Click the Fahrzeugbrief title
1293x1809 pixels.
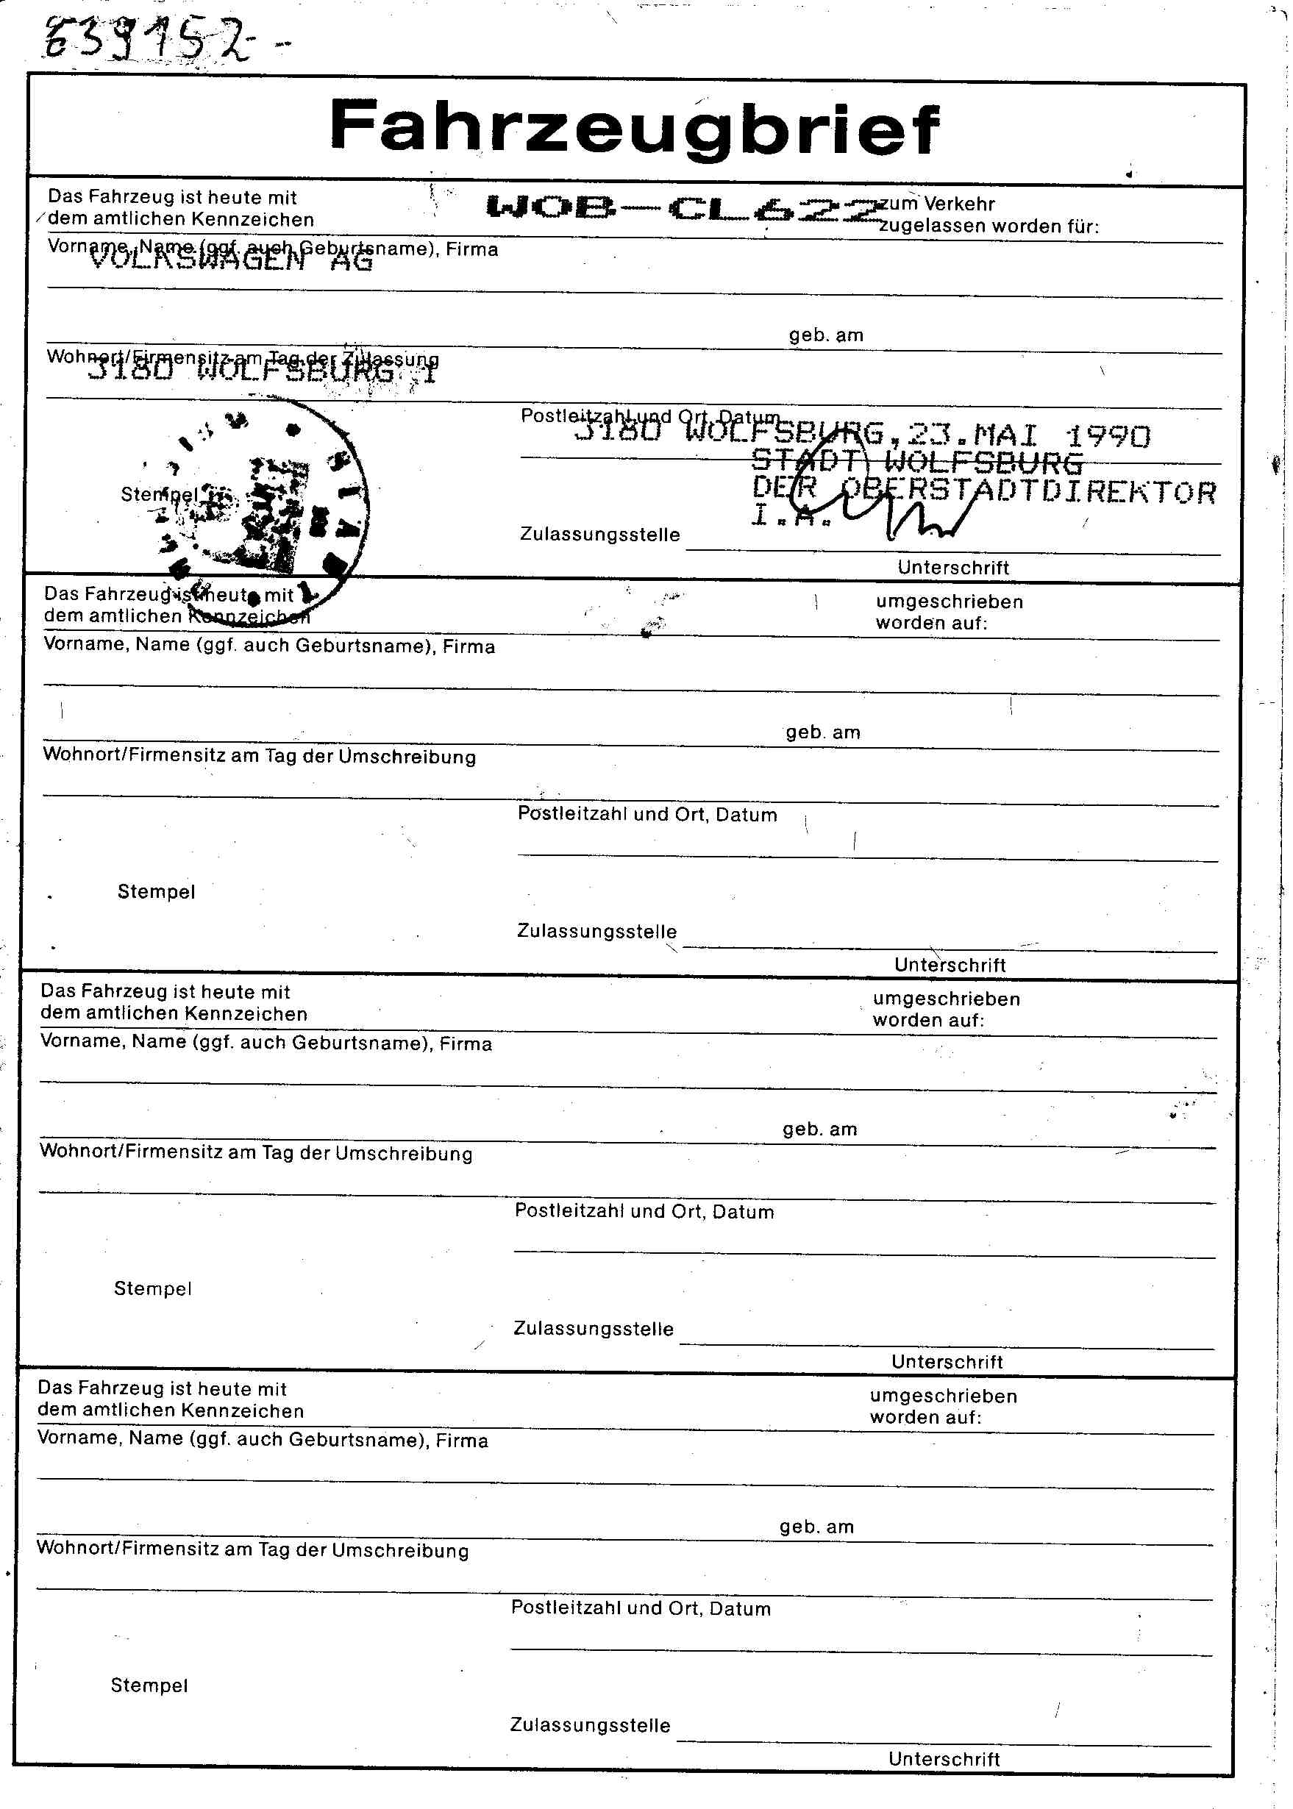click(634, 127)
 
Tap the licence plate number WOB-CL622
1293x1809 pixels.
click(683, 209)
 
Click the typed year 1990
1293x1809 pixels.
click(1108, 436)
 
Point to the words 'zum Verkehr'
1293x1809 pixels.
click(937, 204)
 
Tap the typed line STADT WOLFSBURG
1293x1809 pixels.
click(917, 463)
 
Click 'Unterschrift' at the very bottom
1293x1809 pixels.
click(944, 1759)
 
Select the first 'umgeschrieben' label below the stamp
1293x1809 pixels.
click(949, 602)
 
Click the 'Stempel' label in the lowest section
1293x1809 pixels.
click(149, 1685)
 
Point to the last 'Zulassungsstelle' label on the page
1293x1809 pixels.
click(590, 1725)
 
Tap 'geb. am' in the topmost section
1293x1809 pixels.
click(826, 335)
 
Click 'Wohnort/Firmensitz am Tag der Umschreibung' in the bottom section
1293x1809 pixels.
click(252, 1550)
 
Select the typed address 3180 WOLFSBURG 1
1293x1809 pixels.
click(263, 371)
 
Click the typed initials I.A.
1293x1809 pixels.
click(791, 517)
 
